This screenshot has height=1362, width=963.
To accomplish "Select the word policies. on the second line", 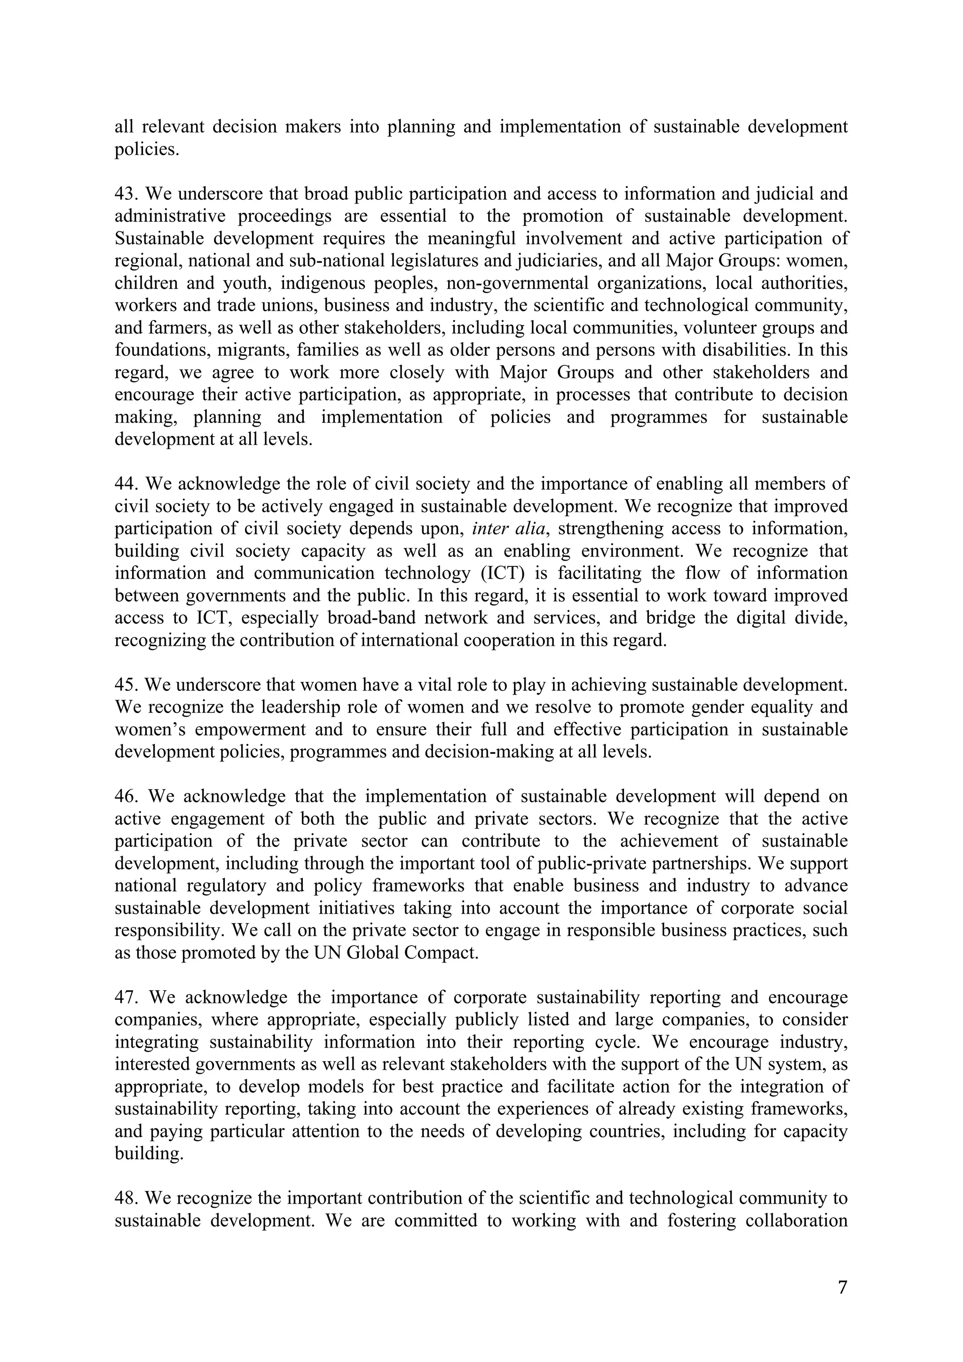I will click(147, 149).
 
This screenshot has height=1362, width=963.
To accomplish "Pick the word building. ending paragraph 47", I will click(149, 1154).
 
